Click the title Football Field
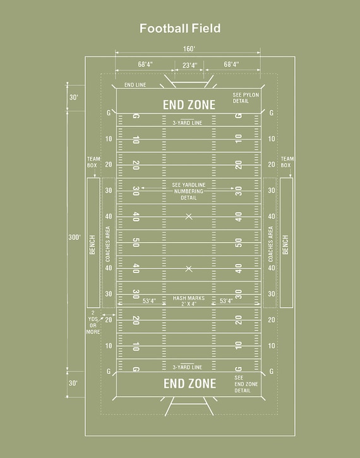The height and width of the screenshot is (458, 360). click(x=180, y=28)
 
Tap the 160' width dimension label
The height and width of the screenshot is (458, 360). click(x=189, y=49)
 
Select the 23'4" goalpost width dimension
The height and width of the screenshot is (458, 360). click(x=189, y=64)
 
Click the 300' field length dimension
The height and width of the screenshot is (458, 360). click(x=75, y=237)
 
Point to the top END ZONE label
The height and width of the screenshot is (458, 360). click(x=189, y=105)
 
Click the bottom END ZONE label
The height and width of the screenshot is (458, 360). click(x=189, y=383)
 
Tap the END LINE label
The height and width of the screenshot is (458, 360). click(x=135, y=85)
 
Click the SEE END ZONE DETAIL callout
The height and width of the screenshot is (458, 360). click(x=246, y=384)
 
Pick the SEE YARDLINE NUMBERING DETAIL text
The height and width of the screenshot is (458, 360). click(x=189, y=191)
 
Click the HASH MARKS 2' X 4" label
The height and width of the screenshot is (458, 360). click(x=189, y=301)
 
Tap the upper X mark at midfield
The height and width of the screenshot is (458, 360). click(x=189, y=217)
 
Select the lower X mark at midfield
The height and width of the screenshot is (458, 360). click(x=189, y=268)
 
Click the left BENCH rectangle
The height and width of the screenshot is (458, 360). click(x=93, y=243)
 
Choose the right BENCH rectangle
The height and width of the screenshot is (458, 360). click(x=286, y=243)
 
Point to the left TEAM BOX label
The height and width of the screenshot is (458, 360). click(x=93, y=162)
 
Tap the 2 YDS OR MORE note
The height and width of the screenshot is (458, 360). click(x=93, y=322)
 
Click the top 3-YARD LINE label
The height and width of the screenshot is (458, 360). click(x=188, y=123)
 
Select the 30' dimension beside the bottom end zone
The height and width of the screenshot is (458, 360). click(x=74, y=383)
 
